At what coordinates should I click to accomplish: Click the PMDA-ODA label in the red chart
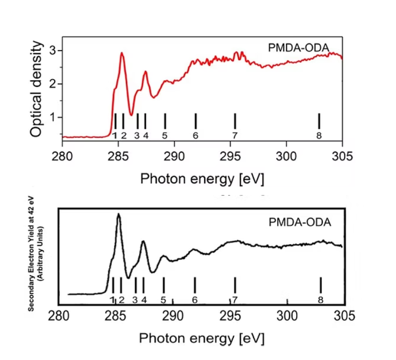299,48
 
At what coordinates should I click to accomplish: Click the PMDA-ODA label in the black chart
300,222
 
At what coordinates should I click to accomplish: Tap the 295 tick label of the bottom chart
230,316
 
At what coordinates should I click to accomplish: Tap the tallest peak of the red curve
121,53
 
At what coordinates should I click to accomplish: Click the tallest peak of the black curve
118,214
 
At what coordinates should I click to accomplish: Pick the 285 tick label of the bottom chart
115,316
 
